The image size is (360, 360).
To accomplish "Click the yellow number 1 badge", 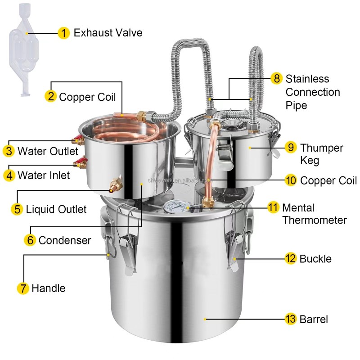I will coord(64,33).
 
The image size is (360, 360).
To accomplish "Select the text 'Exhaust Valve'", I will coord(108,33).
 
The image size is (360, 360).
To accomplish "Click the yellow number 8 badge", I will coord(277,79).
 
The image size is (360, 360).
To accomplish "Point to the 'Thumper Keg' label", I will coord(321,154).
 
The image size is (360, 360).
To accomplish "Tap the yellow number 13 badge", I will coord(291,319).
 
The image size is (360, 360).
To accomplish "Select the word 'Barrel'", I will coord(314,319).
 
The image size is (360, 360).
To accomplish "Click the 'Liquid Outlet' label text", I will coord(56,209).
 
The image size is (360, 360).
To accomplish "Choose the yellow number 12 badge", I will coord(291,259).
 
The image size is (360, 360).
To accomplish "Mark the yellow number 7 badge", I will coord(23,288).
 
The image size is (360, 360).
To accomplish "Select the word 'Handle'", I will coord(48,288).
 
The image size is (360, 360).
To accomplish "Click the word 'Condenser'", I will coord(64,240).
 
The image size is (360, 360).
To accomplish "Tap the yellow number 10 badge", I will coord(291,180).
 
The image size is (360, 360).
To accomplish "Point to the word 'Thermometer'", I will coord(315,220).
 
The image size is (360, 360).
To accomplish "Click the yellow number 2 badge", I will coord(50,97).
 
